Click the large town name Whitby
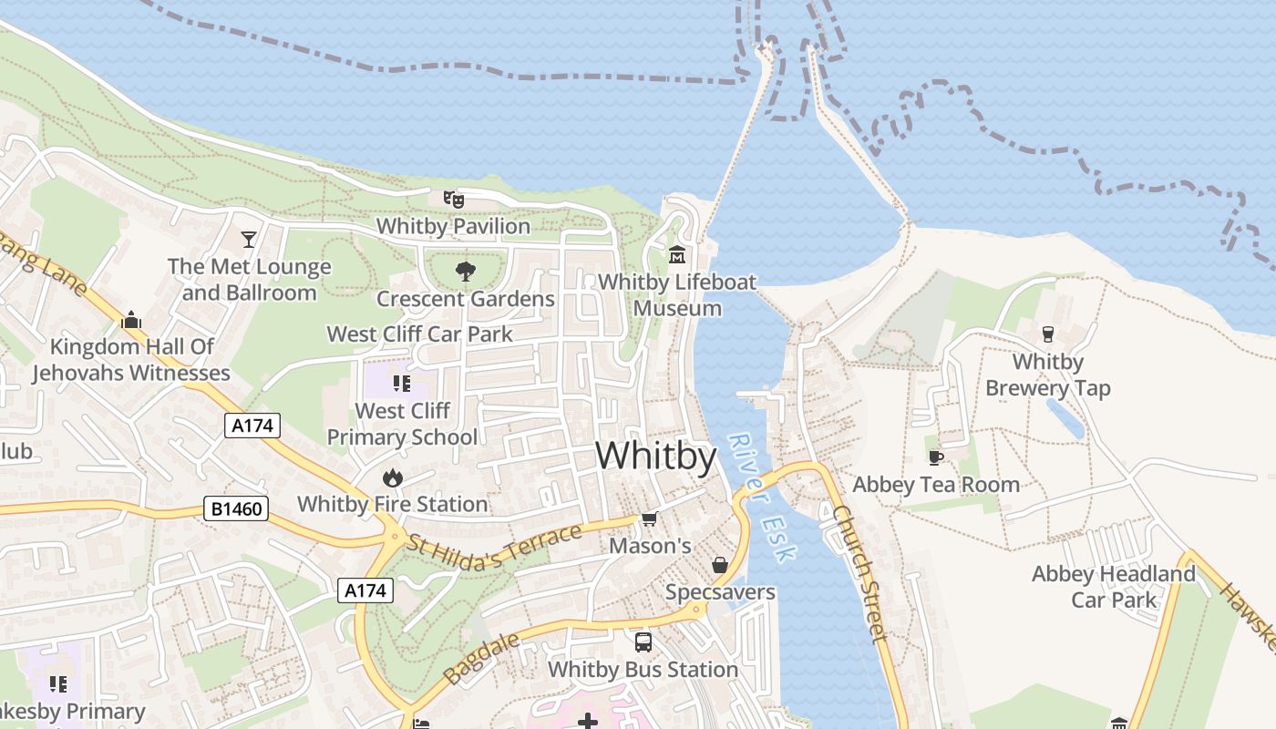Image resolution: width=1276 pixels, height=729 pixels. pos(656,456)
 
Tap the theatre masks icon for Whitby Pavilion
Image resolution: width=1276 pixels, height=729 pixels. pos(453,199)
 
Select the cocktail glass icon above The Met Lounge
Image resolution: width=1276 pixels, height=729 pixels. pos(248,240)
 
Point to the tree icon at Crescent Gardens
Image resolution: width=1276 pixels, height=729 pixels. pos(465,271)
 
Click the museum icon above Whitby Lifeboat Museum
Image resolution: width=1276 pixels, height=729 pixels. pos(676,255)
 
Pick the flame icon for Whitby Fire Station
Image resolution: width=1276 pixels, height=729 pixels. pos(392,477)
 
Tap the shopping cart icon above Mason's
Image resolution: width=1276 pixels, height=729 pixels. pos(649,519)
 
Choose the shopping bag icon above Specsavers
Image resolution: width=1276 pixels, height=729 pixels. pos(719,565)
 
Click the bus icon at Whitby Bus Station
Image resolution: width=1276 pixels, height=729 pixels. pos(643,642)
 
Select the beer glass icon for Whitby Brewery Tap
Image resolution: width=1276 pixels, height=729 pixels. pos(1047,334)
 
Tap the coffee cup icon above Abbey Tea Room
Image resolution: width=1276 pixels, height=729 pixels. pos(935,457)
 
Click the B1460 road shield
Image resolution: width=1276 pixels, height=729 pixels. pos(236,508)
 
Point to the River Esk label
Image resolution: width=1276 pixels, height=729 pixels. pos(762,497)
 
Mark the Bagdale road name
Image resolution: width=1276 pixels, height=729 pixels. pos(481,658)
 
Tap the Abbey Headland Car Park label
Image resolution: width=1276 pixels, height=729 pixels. pos(1113,587)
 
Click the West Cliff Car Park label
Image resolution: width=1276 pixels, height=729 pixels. pos(420,334)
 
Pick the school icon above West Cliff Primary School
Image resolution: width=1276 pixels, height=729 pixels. pos(401,384)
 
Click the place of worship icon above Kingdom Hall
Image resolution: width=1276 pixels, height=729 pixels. pos(131,320)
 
